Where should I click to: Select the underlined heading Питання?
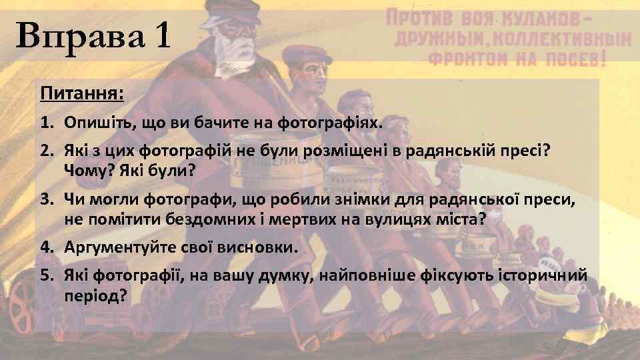[82, 93]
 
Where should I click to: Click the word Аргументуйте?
[120, 247]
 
